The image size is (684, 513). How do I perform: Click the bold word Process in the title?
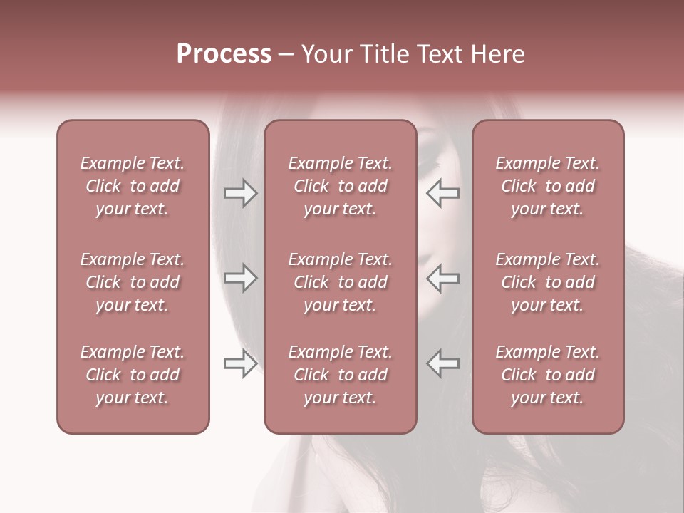tap(224, 54)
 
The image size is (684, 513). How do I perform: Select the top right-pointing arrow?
tap(241, 193)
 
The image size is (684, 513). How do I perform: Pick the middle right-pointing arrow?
tap(241, 278)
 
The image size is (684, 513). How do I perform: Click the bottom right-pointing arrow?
tap(241, 363)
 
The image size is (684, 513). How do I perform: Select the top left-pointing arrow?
tap(443, 193)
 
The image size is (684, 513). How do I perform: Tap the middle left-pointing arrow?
tap(443, 278)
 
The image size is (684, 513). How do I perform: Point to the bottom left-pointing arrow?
tap(443, 363)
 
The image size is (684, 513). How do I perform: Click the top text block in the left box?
tap(133, 186)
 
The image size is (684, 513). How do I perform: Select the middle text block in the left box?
tap(133, 282)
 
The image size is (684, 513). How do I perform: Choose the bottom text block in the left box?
tap(133, 375)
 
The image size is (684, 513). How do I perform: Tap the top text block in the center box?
tap(340, 186)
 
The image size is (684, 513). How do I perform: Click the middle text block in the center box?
tap(340, 282)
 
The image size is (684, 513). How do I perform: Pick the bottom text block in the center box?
tap(340, 375)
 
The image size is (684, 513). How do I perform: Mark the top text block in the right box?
tap(548, 186)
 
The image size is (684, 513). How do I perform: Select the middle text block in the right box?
tap(548, 282)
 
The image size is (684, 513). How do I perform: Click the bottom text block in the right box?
tap(548, 375)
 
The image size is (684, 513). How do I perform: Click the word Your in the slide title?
tap(326, 54)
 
